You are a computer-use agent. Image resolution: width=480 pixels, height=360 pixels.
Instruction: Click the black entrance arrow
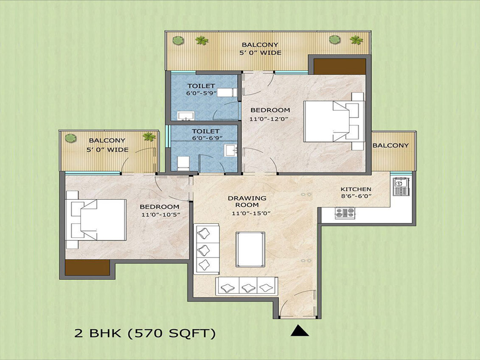click(299, 331)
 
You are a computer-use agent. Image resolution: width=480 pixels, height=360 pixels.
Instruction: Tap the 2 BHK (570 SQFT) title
click(145, 333)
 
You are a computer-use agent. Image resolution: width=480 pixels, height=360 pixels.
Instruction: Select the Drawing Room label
click(247, 201)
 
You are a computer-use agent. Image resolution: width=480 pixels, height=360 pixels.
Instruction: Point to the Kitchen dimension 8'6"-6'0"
click(356, 196)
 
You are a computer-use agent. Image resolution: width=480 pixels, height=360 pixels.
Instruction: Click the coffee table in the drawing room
click(250, 249)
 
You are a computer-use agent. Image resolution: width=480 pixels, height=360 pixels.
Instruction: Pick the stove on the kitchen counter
click(345, 212)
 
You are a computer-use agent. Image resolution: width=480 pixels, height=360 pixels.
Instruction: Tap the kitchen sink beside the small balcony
click(401, 186)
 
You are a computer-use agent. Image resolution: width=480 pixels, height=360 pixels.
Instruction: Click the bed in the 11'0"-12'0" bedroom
click(334, 121)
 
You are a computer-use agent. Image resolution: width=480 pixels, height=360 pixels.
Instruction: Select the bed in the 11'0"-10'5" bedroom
click(96, 220)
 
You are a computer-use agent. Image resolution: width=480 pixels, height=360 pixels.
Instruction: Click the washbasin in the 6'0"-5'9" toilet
click(185, 116)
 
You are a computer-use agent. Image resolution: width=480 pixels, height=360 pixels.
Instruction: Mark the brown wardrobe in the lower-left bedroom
click(87, 268)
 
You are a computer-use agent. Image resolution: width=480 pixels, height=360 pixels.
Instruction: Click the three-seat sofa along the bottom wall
click(247, 286)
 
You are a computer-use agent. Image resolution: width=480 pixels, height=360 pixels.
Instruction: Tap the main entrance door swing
click(298, 303)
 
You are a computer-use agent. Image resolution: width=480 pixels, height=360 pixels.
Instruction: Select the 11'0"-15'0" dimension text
click(251, 213)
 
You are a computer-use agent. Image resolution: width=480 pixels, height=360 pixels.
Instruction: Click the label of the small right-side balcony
click(390, 145)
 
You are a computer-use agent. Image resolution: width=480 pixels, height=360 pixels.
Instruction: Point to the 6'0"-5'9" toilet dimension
click(202, 93)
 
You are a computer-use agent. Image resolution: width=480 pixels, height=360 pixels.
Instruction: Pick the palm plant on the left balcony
click(149, 137)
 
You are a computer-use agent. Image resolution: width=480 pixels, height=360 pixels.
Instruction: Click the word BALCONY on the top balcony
click(260, 45)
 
